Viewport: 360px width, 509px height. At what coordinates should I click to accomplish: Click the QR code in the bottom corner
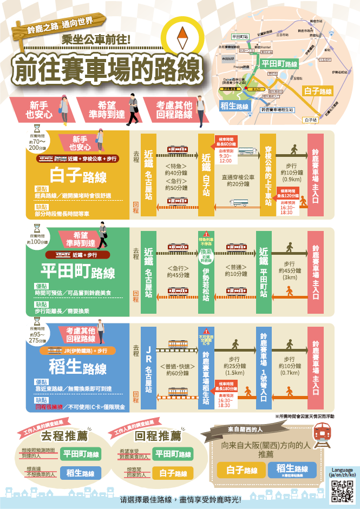(342, 491)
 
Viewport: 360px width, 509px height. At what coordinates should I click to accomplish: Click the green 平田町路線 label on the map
(279, 64)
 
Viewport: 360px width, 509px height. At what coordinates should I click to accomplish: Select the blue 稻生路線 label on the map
(234, 107)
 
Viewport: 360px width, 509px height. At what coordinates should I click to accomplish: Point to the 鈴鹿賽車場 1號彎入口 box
(265, 367)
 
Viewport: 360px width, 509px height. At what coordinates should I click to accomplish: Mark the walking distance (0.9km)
(292, 179)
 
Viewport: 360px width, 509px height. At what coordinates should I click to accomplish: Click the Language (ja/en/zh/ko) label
(342, 472)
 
